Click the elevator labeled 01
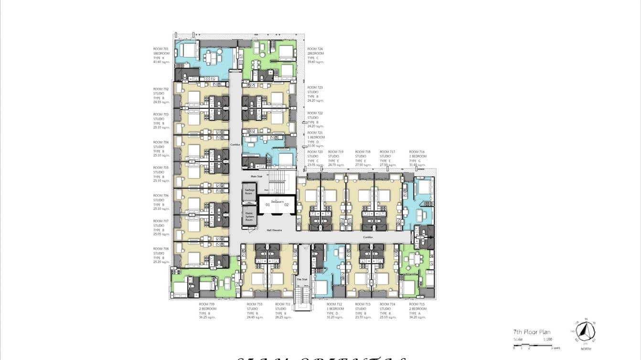[x=267, y=205]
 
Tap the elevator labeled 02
[x=287, y=205]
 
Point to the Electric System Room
[x=249, y=216]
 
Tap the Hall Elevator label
[x=274, y=230]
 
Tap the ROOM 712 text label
[x=334, y=304]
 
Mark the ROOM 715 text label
[x=417, y=304]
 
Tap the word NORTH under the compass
[x=585, y=349]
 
